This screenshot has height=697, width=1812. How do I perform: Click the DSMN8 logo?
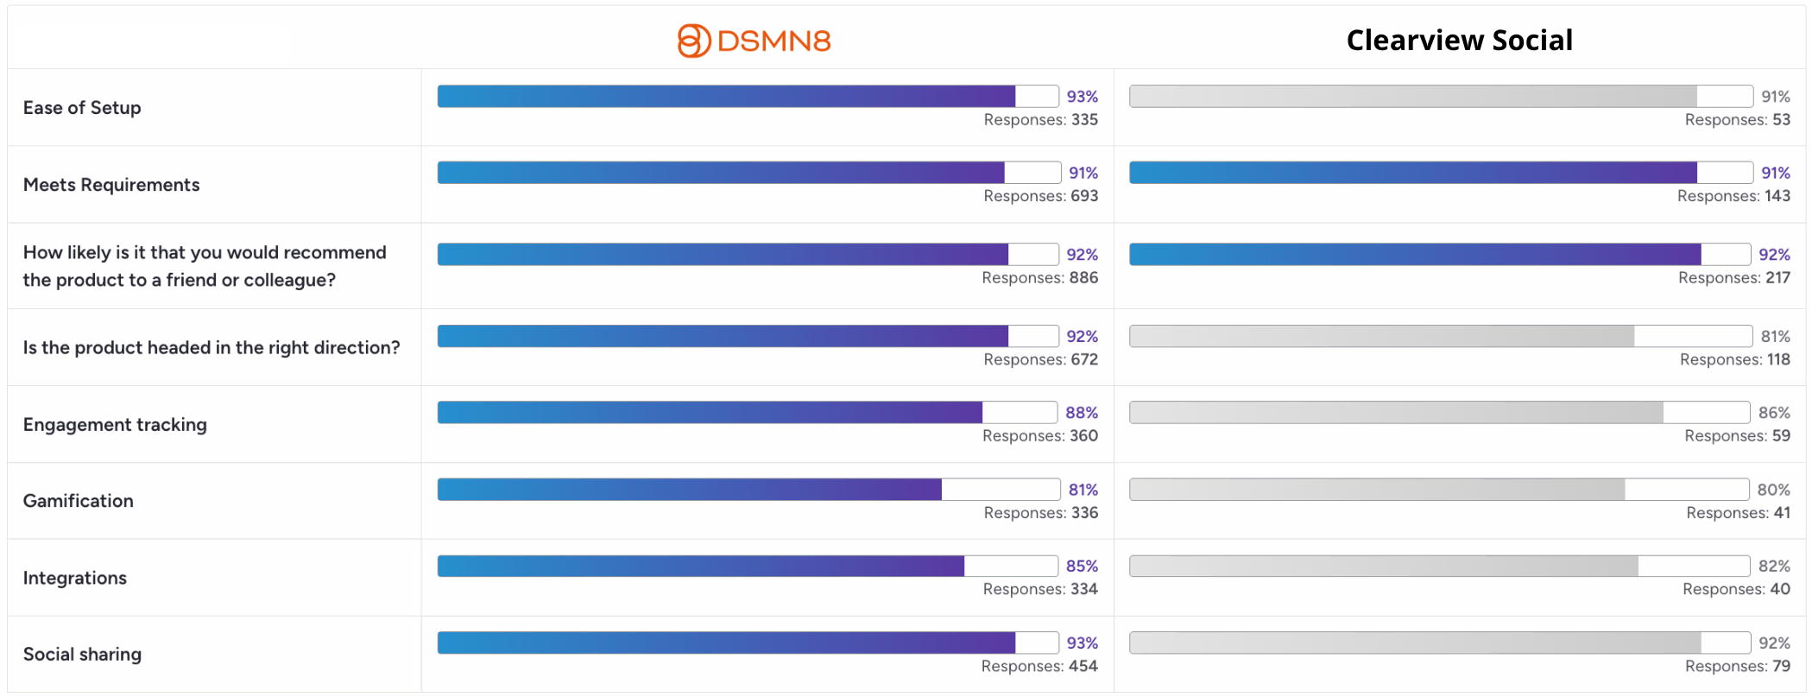pyautogui.click(x=754, y=41)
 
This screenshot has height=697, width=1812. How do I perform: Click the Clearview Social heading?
pyautogui.click(x=1460, y=41)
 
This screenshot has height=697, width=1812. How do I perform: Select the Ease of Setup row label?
pyautogui.click(x=82, y=108)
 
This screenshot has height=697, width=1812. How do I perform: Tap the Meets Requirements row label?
pyautogui.click(x=111, y=185)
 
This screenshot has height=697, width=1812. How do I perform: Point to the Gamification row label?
pyautogui.click(x=79, y=501)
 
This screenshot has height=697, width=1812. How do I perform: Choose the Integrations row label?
pyautogui.click(x=75, y=578)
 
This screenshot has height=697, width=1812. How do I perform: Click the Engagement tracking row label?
pyautogui.click(x=115, y=425)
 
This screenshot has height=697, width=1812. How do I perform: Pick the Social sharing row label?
pyautogui.click(x=82, y=654)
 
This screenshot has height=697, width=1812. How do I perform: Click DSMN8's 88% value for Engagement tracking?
pyautogui.click(x=1082, y=413)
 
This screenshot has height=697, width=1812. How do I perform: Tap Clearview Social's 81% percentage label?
pyautogui.click(x=1776, y=336)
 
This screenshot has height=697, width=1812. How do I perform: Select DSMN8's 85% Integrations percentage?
pyautogui.click(x=1083, y=566)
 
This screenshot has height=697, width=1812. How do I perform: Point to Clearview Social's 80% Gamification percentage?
pyautogui.click(x=1774, y=490)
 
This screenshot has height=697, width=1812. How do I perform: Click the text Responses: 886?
pyautogui.click(x=1040, y=277)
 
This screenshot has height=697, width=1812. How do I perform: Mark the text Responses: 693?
pyautogui.click(x=1041, y=196)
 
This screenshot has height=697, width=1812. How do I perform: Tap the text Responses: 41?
pyautogui.click(x=1739, y=512)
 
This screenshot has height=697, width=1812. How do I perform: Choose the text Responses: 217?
pyautogui.click(x=1734, y=277)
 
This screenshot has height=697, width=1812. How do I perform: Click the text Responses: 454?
pyautogui.click(x=1039, y=666)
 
